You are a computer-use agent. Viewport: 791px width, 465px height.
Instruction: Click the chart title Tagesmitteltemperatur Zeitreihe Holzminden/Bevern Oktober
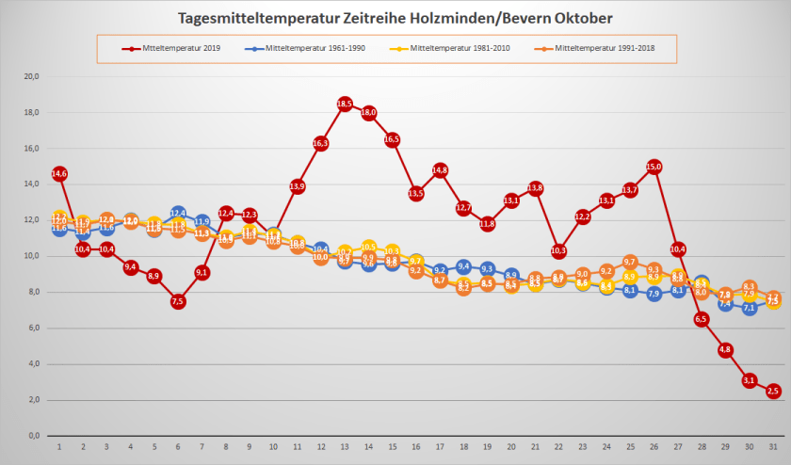pyautogui.click(x=395, y=18)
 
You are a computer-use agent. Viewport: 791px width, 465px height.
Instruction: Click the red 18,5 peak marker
pyautogui.click(x=345, y=104)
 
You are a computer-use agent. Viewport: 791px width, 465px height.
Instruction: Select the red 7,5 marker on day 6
pyautogui.click(x=178, y=301)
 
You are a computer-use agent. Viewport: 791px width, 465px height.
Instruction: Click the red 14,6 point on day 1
pyautogui.click(x=59, y=174)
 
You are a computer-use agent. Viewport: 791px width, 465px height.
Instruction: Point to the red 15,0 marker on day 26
pyautogui.click(x=654, y=167)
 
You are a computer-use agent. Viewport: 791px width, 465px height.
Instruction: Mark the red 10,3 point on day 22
pyautogui.click(x=558, y=251)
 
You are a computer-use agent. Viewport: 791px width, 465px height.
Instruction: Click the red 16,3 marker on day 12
pyautogui.click(x=321, y=143)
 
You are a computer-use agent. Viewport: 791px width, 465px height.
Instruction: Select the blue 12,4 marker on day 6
pyautogui.click(x=178, y=214)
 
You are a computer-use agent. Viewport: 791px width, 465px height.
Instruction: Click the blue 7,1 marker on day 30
pyautogui.click(x=749, y=308)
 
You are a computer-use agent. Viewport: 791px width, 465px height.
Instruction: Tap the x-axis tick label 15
pyautogui.click(x=392, y=447)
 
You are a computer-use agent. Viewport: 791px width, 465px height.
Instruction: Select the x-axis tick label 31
pyautogui.click(x=772, y=447)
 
